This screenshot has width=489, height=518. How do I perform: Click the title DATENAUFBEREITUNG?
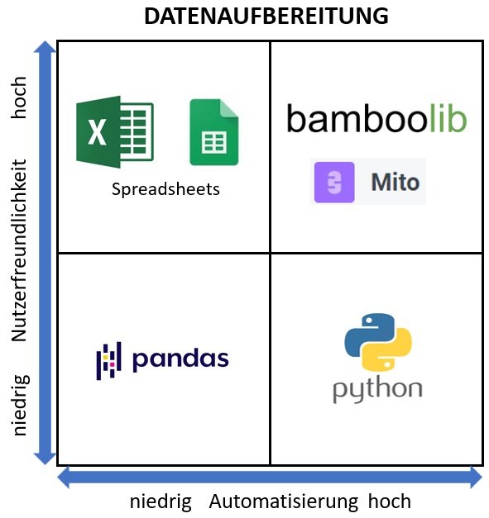(266, 17)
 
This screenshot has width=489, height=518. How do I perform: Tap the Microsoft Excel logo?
(115, 132)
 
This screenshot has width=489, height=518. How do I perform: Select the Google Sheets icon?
(214, 132)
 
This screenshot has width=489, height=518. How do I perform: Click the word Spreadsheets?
(165, 190)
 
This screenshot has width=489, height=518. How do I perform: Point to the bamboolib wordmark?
(376, 118)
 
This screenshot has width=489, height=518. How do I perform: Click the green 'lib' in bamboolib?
(448, 118)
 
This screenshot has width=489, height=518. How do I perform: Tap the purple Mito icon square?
(334, 182)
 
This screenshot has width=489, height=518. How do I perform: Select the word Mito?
(396, 182)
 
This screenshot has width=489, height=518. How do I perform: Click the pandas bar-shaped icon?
(108, 361)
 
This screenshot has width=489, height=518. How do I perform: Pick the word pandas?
(180, 359)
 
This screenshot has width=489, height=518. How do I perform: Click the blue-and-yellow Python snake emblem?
(378, 342)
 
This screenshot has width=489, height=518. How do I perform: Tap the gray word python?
(377, 390)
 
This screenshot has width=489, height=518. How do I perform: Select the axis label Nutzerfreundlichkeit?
(19, 250)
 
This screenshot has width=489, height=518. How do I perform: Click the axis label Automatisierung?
(284, 501)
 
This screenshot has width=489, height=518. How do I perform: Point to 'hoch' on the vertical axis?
(18, 97)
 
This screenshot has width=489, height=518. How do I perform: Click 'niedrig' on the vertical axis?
(21, 405)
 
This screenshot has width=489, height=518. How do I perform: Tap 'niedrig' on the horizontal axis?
(161, 501)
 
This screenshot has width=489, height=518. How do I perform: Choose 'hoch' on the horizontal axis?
(390, 501)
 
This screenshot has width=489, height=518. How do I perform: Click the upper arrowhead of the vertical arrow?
(45, 47)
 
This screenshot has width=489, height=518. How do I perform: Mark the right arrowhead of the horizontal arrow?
(476, 477)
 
